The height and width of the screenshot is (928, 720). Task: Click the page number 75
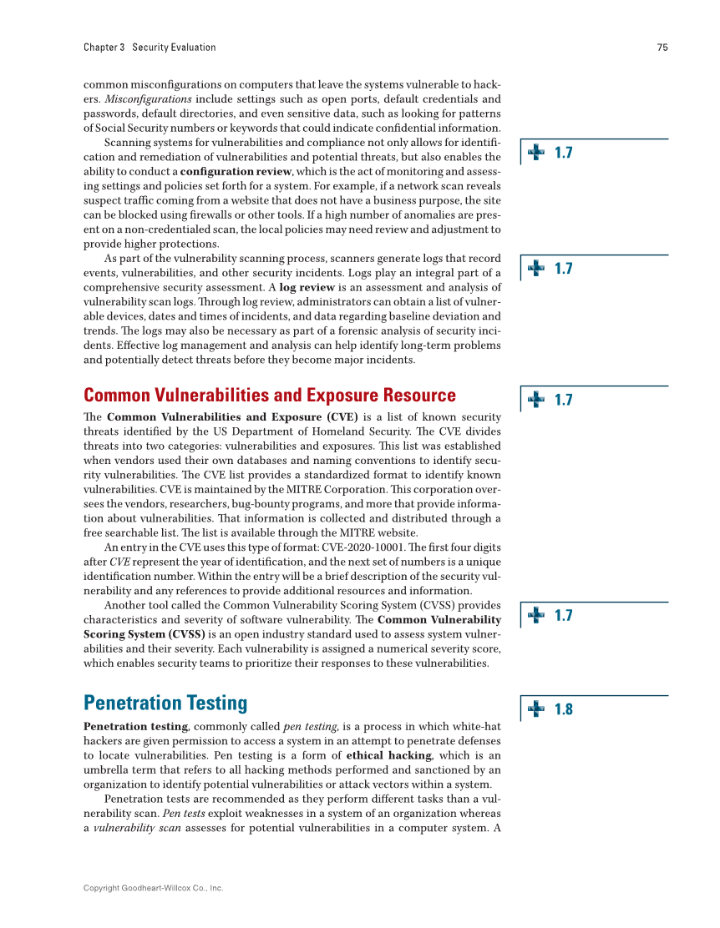662,48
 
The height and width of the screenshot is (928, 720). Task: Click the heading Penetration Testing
165,703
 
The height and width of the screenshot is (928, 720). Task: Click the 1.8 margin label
564,709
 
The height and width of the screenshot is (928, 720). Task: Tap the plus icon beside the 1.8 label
536,709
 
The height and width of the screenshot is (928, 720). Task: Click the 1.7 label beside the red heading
564,400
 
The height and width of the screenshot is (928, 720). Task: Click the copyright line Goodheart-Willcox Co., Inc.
153,889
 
